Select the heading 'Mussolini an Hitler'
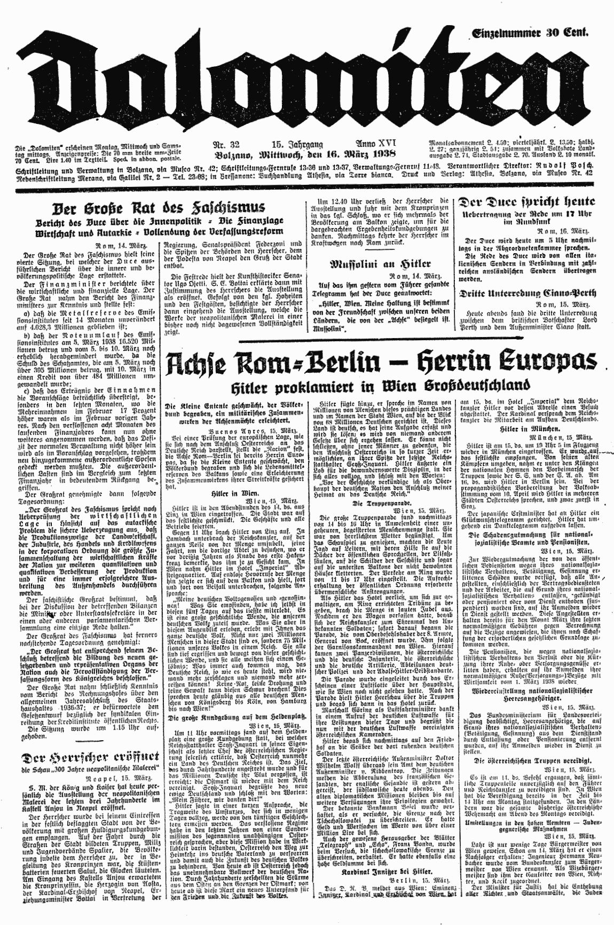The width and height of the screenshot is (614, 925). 372,264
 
